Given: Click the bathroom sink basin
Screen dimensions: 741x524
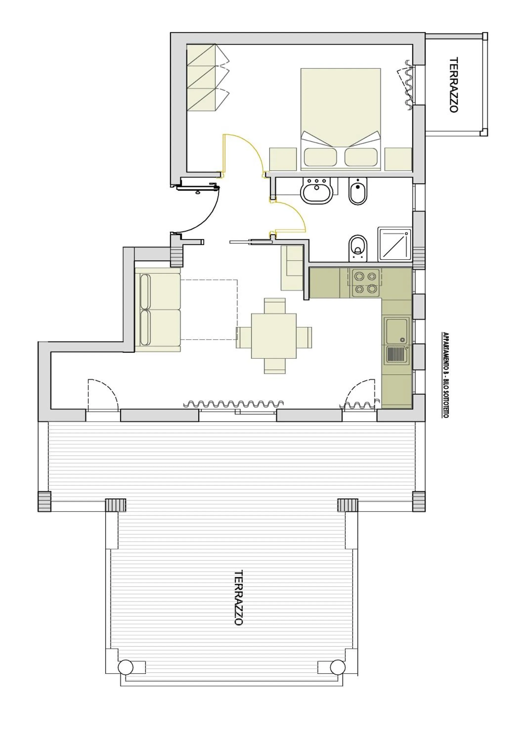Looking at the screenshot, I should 317,191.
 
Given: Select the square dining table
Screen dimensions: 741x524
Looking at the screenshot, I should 274,336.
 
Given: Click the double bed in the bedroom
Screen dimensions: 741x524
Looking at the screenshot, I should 340,119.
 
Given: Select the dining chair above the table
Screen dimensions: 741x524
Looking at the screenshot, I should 274,305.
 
